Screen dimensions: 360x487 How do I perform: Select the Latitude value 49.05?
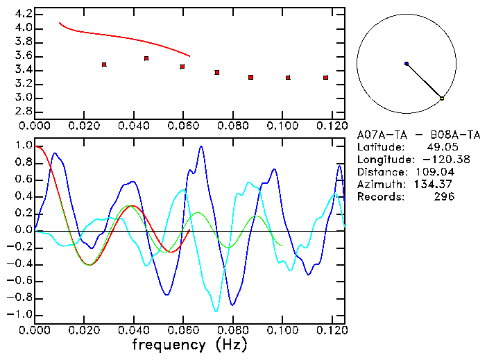point(441,147)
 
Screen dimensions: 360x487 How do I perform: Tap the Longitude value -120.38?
point(435,160)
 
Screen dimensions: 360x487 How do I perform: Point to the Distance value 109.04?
point(435,172)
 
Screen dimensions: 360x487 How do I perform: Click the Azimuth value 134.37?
point(435,185)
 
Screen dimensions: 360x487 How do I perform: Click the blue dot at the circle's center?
point(407,64)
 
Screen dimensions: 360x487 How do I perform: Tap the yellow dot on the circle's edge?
point(442,98)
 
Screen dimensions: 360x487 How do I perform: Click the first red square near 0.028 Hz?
point(104,65)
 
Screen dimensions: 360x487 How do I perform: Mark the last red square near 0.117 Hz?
point(325,78)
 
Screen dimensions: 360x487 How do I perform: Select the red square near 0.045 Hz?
point(146,58)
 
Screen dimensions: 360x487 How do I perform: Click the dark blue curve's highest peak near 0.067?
point(201,147)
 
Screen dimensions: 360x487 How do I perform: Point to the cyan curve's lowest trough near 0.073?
point(216,310)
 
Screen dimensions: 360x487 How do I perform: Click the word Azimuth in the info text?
point(379,185)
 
